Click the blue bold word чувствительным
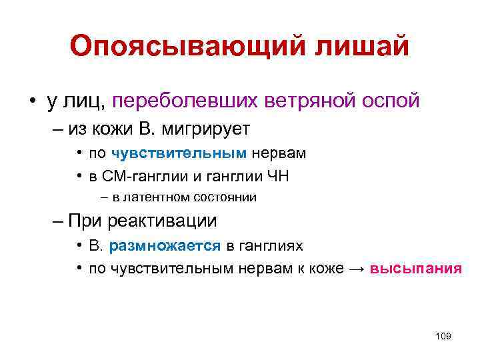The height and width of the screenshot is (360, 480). pos(179,153)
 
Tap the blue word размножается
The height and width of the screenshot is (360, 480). pos(165,245)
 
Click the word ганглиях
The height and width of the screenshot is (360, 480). pos(275,245)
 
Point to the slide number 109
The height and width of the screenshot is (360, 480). pos(443,336)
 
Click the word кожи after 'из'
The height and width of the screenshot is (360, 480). pos(94,128)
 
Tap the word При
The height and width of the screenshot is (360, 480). pos(83,221)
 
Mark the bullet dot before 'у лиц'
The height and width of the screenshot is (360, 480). pos(32,101)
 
